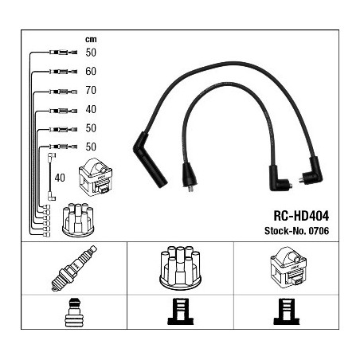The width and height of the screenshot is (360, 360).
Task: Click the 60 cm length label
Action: point(91,71)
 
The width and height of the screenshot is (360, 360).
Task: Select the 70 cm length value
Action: point(91,90)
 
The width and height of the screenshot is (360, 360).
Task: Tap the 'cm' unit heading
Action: point(91,40)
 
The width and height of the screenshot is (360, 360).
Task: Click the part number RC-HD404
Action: point(301,216)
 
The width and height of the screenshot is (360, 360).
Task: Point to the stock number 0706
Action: point(319,231)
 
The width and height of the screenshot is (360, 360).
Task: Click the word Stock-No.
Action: point(285,231)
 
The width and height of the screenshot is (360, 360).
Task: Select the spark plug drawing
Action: point(74,268)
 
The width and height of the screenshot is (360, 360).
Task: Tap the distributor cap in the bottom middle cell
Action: point(181,268)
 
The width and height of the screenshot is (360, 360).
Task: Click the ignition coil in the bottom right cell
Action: point(288,268)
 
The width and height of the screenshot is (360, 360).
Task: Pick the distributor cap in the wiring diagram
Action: point(78,220)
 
